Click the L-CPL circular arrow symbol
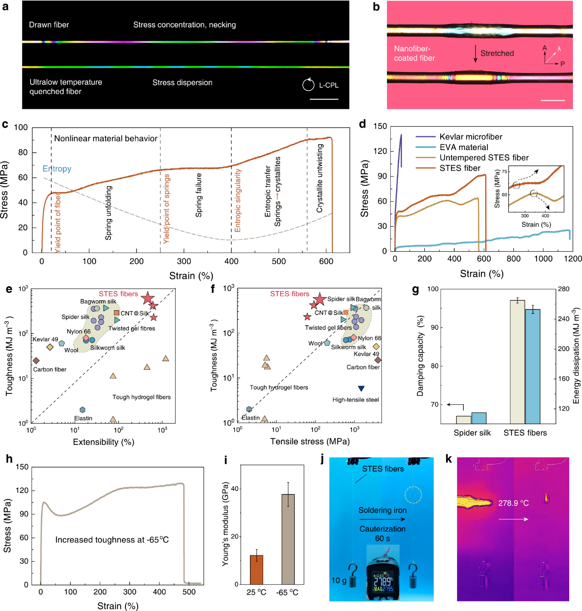[308, 85]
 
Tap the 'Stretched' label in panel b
[497, 53]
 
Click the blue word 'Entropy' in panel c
[57, 169]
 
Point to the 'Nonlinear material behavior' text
[105, 139]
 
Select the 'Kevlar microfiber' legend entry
[471, 137]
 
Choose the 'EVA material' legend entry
[464, 147]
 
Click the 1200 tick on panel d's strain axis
[573, 258]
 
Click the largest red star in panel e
[147, 298]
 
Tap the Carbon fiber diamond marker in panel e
[36, 361]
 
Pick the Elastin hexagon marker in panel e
[82, 410]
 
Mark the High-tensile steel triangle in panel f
[361, 388]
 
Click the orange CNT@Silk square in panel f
[346, 312]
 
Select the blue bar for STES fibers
[532, 366]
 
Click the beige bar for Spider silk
[463, 420]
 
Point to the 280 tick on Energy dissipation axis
[564, 289]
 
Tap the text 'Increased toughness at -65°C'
[112, 540]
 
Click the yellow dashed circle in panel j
[413, 495]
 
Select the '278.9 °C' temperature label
[513, 503]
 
